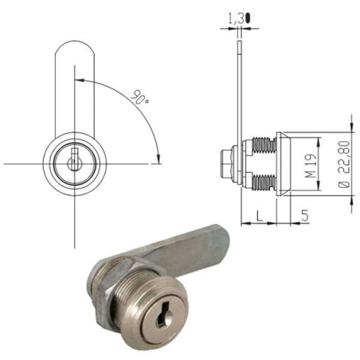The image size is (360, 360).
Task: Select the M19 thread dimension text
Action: coord(311,168)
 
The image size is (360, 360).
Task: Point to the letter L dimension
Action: coord(260,214)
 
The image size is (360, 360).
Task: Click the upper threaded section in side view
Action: coord(261,149)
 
